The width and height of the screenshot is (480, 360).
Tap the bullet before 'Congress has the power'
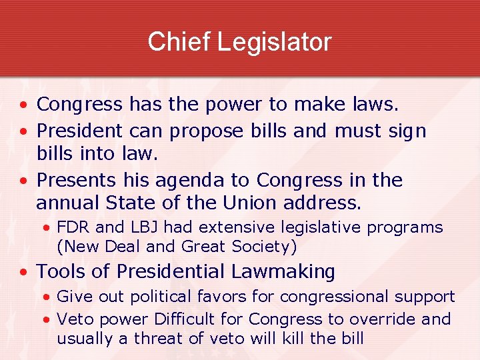(x=23, y=105)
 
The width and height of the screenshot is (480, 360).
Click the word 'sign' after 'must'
(x=407, y=130)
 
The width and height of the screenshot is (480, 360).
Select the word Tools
(x=58, y=271)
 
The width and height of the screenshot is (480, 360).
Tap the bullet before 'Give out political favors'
(x=46, y=297)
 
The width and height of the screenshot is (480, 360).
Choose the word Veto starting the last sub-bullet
(x=74, y=319)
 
